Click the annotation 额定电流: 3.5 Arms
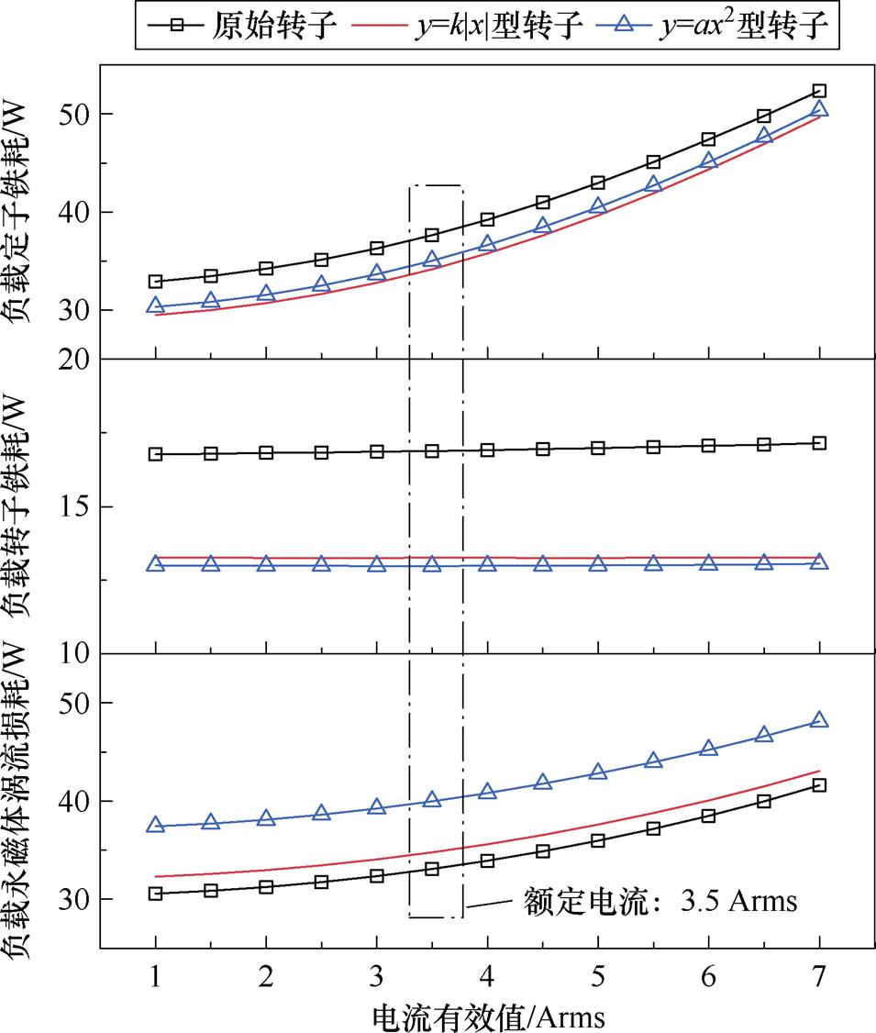pyautogui.click(x=660, y=900)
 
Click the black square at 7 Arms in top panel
pyautogui.click(x=819, y=91)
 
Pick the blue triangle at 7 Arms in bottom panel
pyautogui.click(x=819, y=721)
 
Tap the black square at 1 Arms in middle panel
pyautogui.click(x=156, y=454)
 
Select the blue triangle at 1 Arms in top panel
pyautogui.click(x=156, y=306)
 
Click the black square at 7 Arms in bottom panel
pyautogui.click(x=819, y=785)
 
